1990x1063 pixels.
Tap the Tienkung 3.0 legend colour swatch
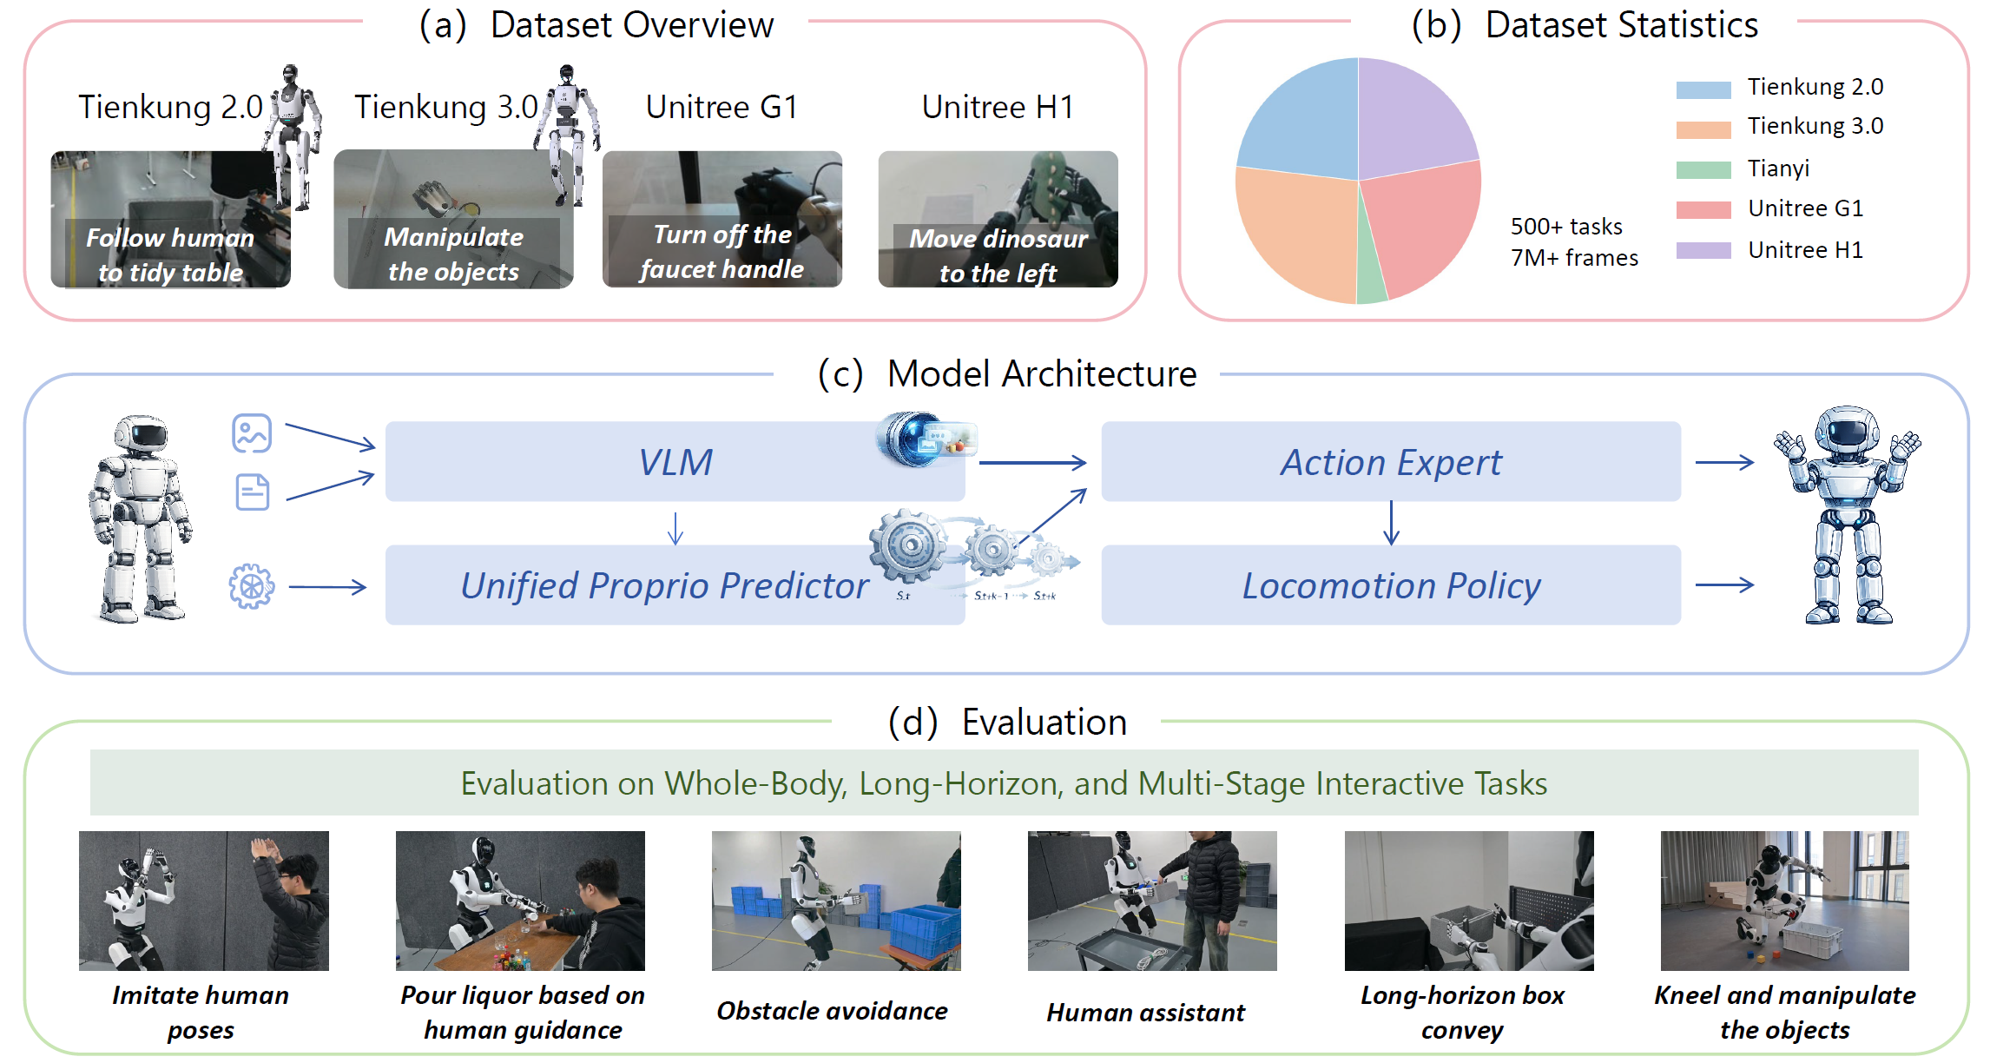1703,129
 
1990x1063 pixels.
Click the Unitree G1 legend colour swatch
1703,209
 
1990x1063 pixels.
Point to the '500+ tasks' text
1565,227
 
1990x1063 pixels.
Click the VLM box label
675,462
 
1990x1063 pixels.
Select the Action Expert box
1390,462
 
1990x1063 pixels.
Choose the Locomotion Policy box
1390,585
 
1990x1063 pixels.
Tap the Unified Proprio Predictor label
663,585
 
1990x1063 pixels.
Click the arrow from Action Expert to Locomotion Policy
1391,523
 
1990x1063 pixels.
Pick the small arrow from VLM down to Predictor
675,528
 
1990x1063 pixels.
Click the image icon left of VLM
252,432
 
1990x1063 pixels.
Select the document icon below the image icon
253,492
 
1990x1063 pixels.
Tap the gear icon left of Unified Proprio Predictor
252,586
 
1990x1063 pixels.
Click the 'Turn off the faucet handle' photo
722,219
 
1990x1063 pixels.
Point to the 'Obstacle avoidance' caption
832,1011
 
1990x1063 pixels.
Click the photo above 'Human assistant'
1151,901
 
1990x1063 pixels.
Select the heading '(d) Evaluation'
1007,723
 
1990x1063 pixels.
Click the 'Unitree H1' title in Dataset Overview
998,107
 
